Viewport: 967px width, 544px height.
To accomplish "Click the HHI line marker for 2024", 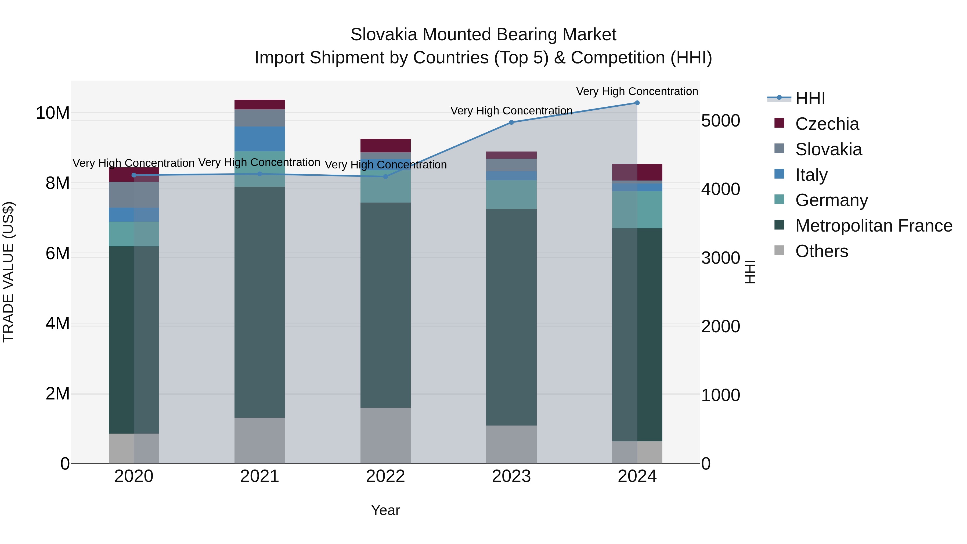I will (x=637, y=103).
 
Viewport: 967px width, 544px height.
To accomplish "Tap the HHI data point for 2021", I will (x=260, y=174).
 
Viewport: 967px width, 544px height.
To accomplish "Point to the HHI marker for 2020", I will (x=134, y=175).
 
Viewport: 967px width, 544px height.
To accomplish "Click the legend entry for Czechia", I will (x=827, y=124).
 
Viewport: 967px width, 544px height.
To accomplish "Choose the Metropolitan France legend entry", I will (x=874, y=226).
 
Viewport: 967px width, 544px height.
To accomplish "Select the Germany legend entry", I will (x=831, y=200).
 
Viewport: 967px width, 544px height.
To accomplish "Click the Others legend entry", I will (x=821, y=251).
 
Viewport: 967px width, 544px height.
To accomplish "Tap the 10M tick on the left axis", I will (x=53, y=113).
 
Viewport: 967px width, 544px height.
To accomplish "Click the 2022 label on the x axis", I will (x=385, y=476).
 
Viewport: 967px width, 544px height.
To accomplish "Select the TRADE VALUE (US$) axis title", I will (x=9, y=272).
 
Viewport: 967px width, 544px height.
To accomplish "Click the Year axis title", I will (x=385, y=510).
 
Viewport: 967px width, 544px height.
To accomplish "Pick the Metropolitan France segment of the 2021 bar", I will (x=260, y=302).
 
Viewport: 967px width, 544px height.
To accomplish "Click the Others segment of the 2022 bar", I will (x=385, y=435).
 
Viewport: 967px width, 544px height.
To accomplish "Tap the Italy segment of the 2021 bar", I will (x=260, y=139).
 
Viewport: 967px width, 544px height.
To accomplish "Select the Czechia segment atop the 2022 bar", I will (x=385, y=145).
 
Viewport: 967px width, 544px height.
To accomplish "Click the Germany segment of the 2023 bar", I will (x=511, y=194).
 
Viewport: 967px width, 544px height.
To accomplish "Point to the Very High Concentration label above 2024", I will (x=637, y=91).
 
